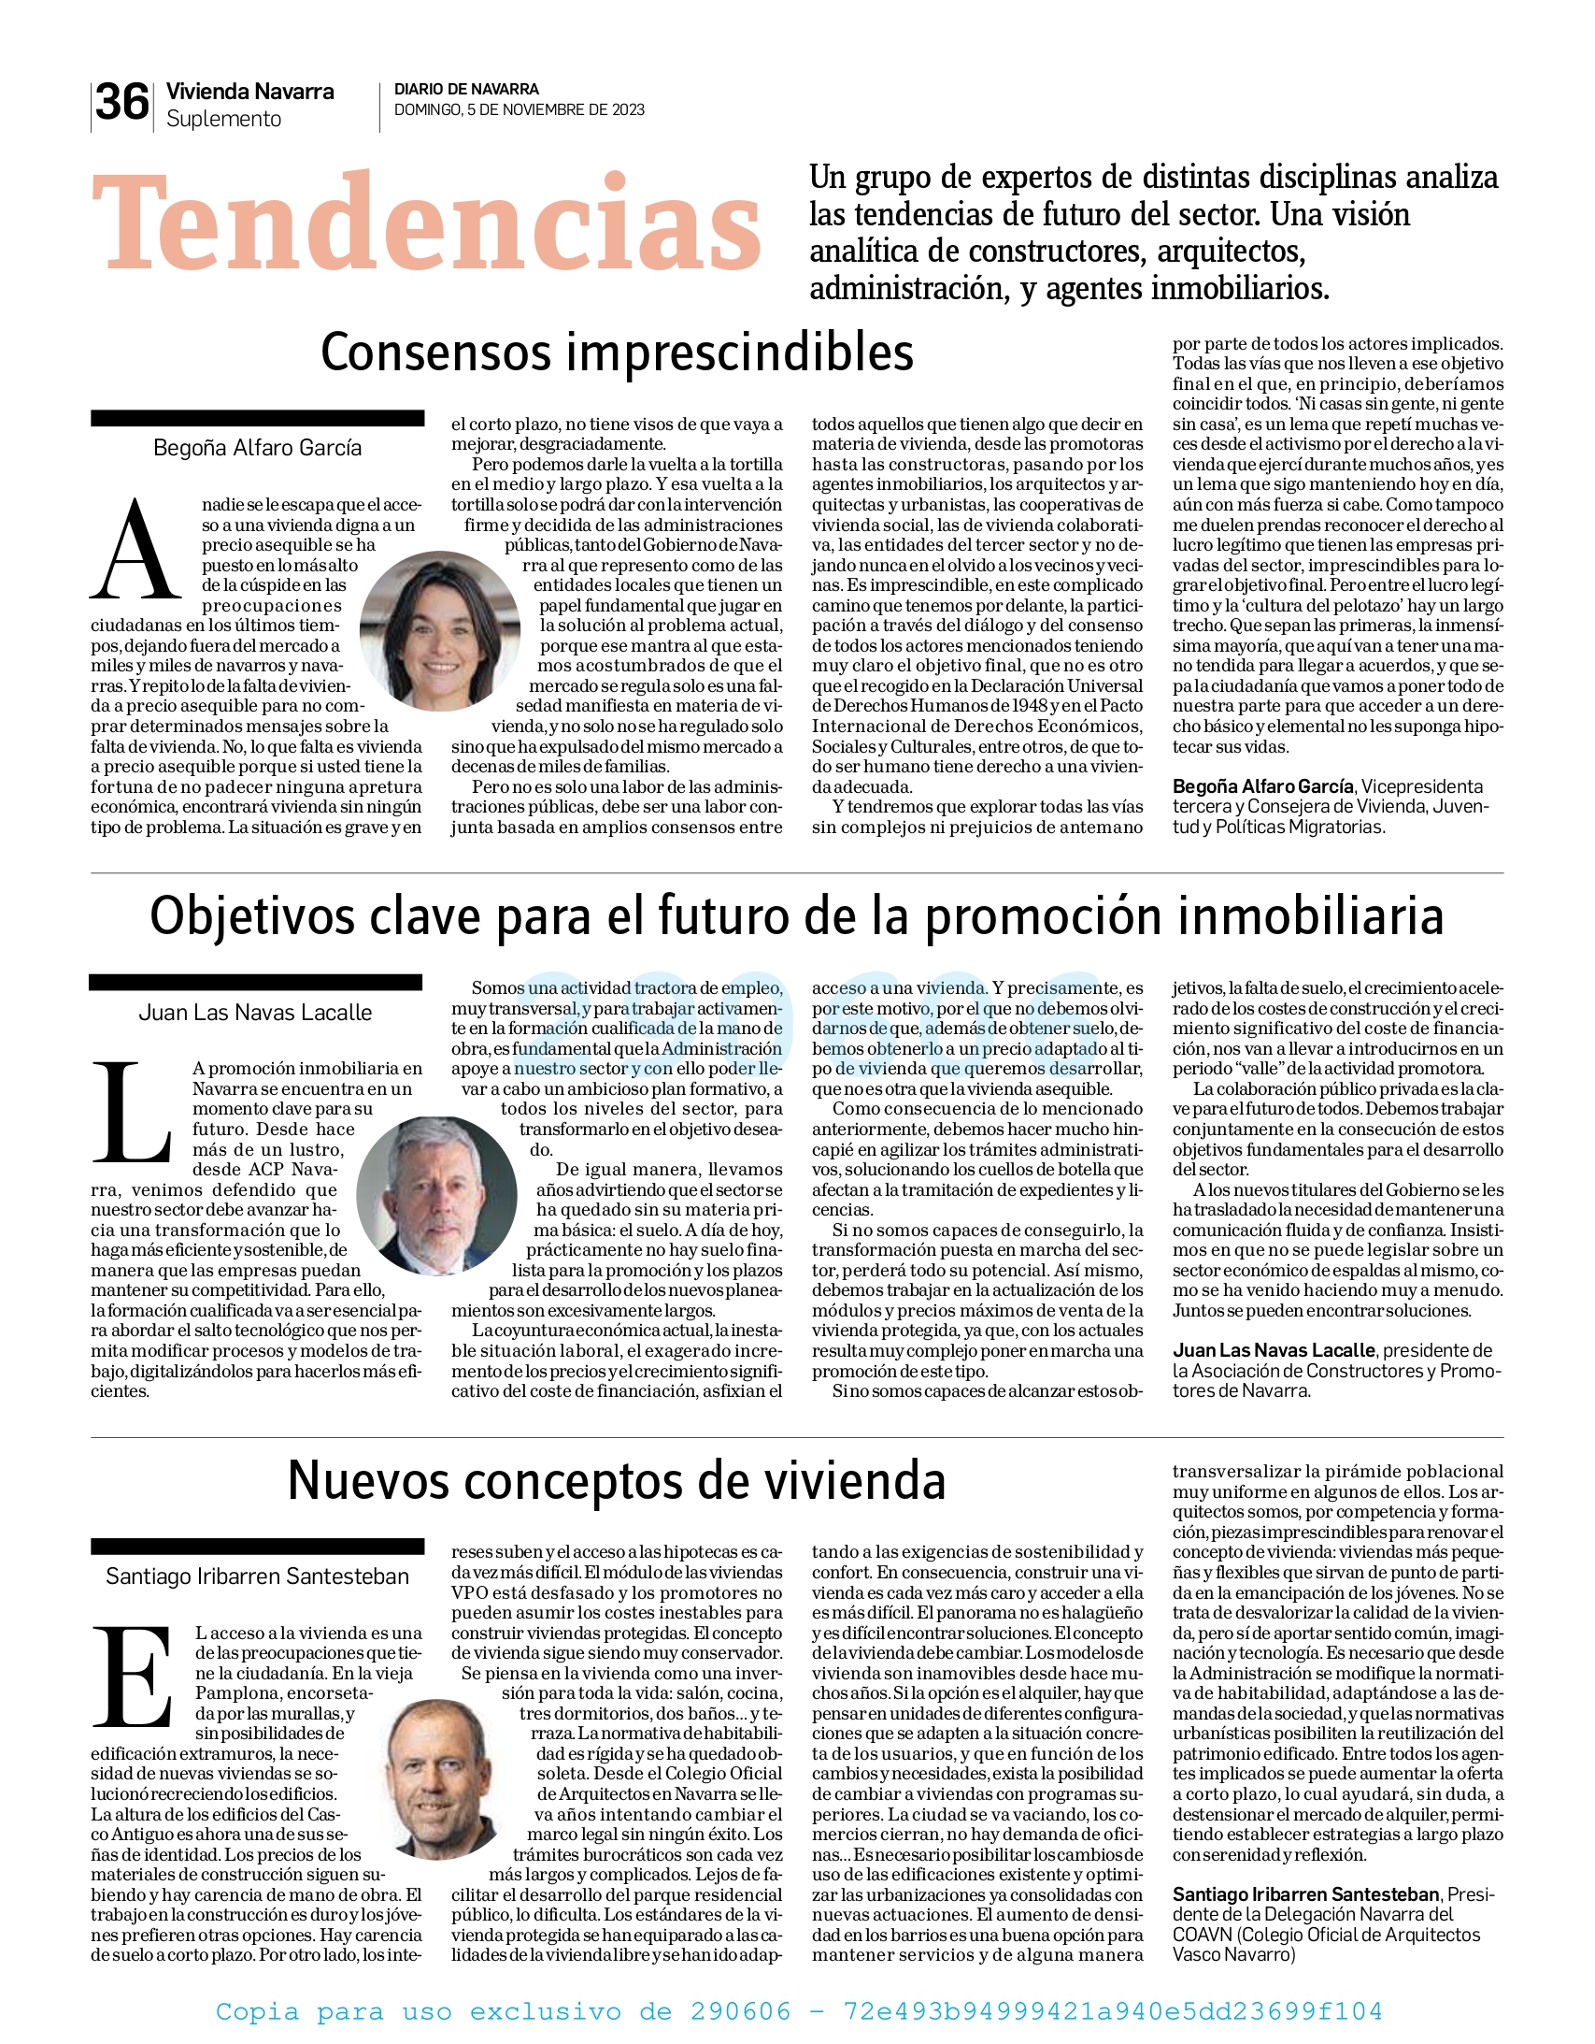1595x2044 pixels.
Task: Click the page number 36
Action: tap(121, 103)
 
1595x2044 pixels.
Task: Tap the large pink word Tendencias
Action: tap(426, 224)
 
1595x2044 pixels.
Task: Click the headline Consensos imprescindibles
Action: tap(617, 353)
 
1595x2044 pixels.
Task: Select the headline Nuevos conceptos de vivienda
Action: tap(617, 1480)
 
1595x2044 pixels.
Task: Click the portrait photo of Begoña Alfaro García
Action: tap(440, 630)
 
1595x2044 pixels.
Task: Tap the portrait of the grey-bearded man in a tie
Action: tap(437, 1195)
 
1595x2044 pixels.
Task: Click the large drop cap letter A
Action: tap(136, 552)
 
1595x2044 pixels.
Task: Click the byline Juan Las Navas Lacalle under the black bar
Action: tap(255, 1013)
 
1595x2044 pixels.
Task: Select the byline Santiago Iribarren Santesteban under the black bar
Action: tap(257, 1577)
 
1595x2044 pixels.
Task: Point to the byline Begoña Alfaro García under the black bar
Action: tap(257, 448)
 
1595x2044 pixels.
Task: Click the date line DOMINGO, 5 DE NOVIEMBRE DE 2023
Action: tap(520, 110)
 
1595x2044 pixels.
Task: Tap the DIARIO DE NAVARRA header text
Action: tap(466, 90)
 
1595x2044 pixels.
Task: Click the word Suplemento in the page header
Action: tap(223, 120)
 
